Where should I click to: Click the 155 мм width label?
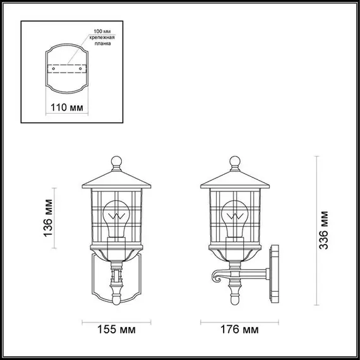(x=116, y=330)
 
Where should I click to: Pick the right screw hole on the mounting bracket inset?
(x=81, y=66)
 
